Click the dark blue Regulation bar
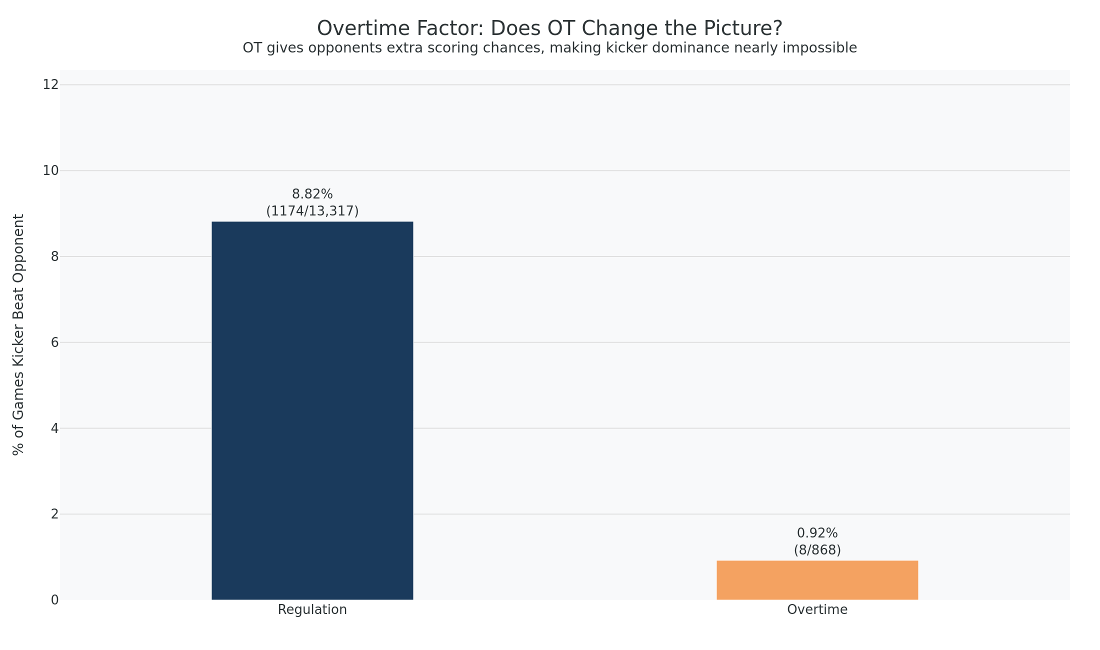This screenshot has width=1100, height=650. [x=312, y=410]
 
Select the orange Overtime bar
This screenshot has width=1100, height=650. [x=817, y=580]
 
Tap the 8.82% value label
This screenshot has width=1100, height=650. [x=312, y=194]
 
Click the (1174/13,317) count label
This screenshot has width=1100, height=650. [x=312, y=211]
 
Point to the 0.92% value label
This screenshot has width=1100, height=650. [x=817, y=533]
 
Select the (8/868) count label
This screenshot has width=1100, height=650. [x=817, y=550]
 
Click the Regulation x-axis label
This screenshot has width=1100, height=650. [x=312, y=610]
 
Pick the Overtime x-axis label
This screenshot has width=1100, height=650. [x=817, y=610]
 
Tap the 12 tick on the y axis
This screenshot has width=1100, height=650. [x=50, y=84]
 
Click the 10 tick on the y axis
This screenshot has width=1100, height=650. [x=50, y=170]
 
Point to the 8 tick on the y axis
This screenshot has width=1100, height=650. [x=54, y=256]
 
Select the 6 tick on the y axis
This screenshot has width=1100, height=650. [x=54, y=342]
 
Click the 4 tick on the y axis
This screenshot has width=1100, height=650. [x=54, y=428]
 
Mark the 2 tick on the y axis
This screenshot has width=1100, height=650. [x=54, y=514]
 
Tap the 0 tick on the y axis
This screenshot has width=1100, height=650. [x=54, y=600]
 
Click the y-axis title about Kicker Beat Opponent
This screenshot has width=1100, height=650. [x=18, y=334]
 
